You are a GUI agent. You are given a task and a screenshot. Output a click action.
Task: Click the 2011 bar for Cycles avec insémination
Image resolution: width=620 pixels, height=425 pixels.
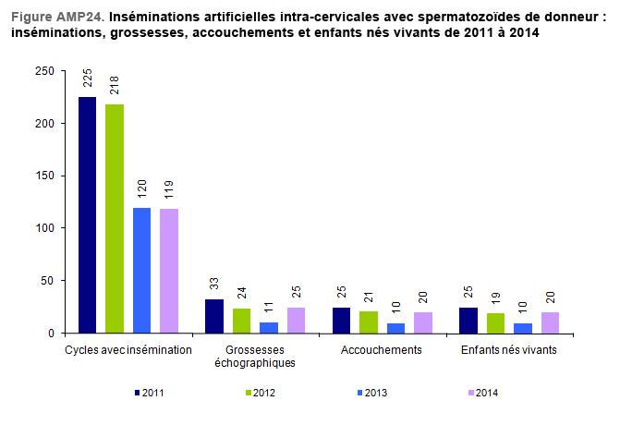click(x=87, y=214)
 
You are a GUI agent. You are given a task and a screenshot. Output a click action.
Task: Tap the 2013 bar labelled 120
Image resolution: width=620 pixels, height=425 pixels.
click(x=141, y=270)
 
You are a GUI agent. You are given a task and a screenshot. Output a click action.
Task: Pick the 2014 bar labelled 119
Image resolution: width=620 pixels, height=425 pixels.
click(x=168, y=270)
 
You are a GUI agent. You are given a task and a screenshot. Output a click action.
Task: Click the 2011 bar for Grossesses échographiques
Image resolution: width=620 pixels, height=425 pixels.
click(x=214, y=316)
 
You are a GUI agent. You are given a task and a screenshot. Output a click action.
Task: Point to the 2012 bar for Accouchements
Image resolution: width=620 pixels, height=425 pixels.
click(x=369, y=322)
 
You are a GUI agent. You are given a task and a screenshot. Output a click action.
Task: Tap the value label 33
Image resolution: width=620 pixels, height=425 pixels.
click(x=214, y=284)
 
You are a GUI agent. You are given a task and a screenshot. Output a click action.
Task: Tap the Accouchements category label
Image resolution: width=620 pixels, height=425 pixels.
click(x=382, y=350)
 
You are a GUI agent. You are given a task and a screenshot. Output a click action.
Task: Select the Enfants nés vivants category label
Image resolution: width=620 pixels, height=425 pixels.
click(x=508, y=350)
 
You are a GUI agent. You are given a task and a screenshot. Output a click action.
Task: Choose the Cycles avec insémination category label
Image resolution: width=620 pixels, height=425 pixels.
click(x=128, y=350)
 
